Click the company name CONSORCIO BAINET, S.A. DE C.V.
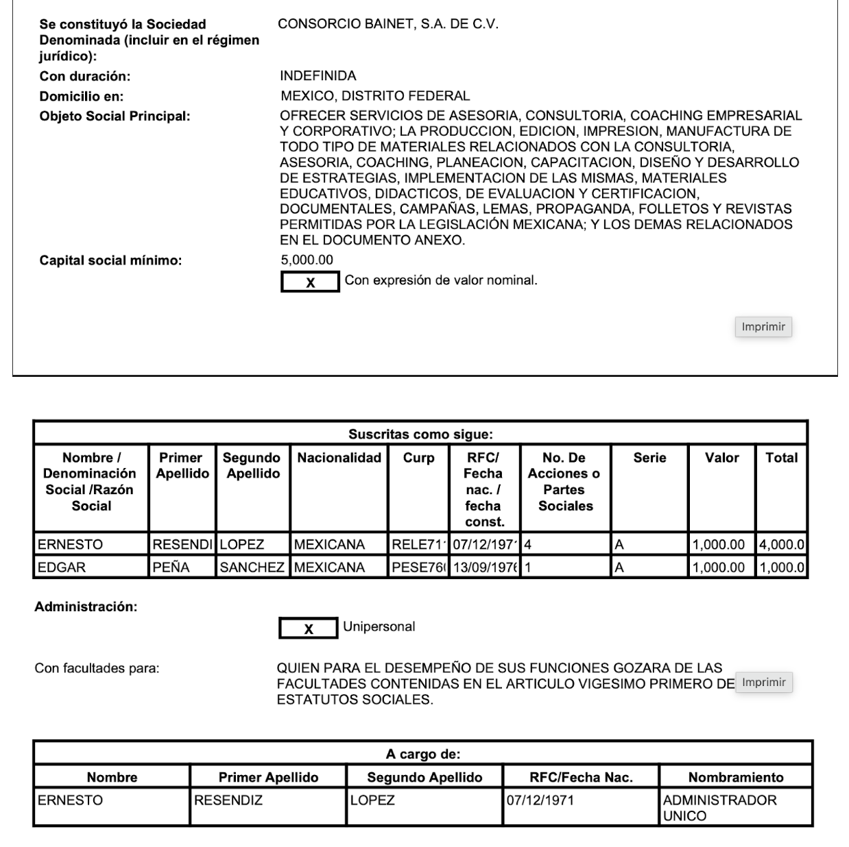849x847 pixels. pos(388,24)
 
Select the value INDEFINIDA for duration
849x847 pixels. pos(318,75)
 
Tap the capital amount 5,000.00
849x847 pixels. pos(307,260)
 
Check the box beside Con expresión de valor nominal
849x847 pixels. pos(310,282)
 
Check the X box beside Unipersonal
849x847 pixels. pos(308,628)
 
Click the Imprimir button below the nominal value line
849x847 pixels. pos(763,327)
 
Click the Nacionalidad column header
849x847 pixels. pos(339,458)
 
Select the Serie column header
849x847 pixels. pos(649,458)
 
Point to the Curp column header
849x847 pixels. pos(418,458)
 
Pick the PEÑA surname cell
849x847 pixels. pos(171,567)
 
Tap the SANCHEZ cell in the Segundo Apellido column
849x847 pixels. pos(252,567)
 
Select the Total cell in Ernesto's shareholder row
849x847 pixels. pos(781,545)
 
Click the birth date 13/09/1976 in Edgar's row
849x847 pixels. pos(484,567)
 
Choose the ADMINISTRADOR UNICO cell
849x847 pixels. pos(719,808)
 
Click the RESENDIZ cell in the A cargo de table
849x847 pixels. pos(228,800)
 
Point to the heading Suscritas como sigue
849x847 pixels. pos(420,434)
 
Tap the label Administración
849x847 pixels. pos(86,607)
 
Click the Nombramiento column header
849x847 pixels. pos(735,777)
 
